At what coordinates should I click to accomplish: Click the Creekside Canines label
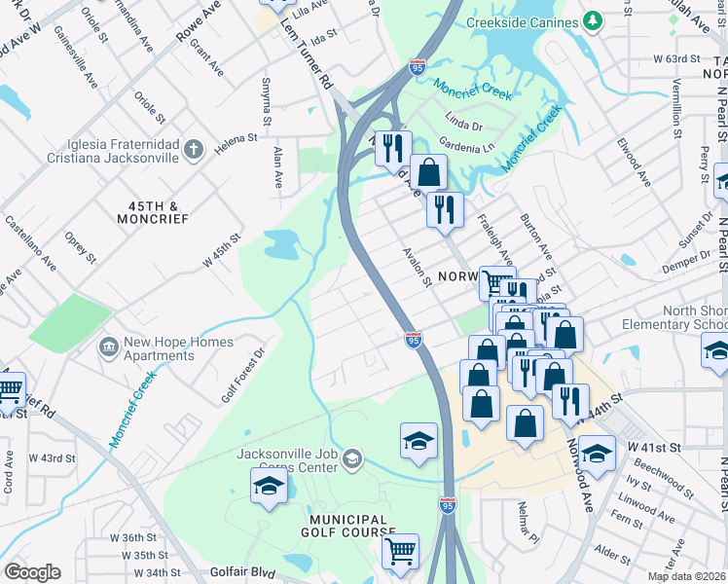(x=521, y=21)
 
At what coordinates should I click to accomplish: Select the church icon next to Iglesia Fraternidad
(x=194, y=149)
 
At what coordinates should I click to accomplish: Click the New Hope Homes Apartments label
(x=178, y=348)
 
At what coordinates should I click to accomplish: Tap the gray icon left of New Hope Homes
(x=108, y=346)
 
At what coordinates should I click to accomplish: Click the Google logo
(x=32, y=572)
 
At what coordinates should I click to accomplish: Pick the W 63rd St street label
(x=676, y=58)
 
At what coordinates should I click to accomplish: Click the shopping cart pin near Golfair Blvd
(x=400, y=553)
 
